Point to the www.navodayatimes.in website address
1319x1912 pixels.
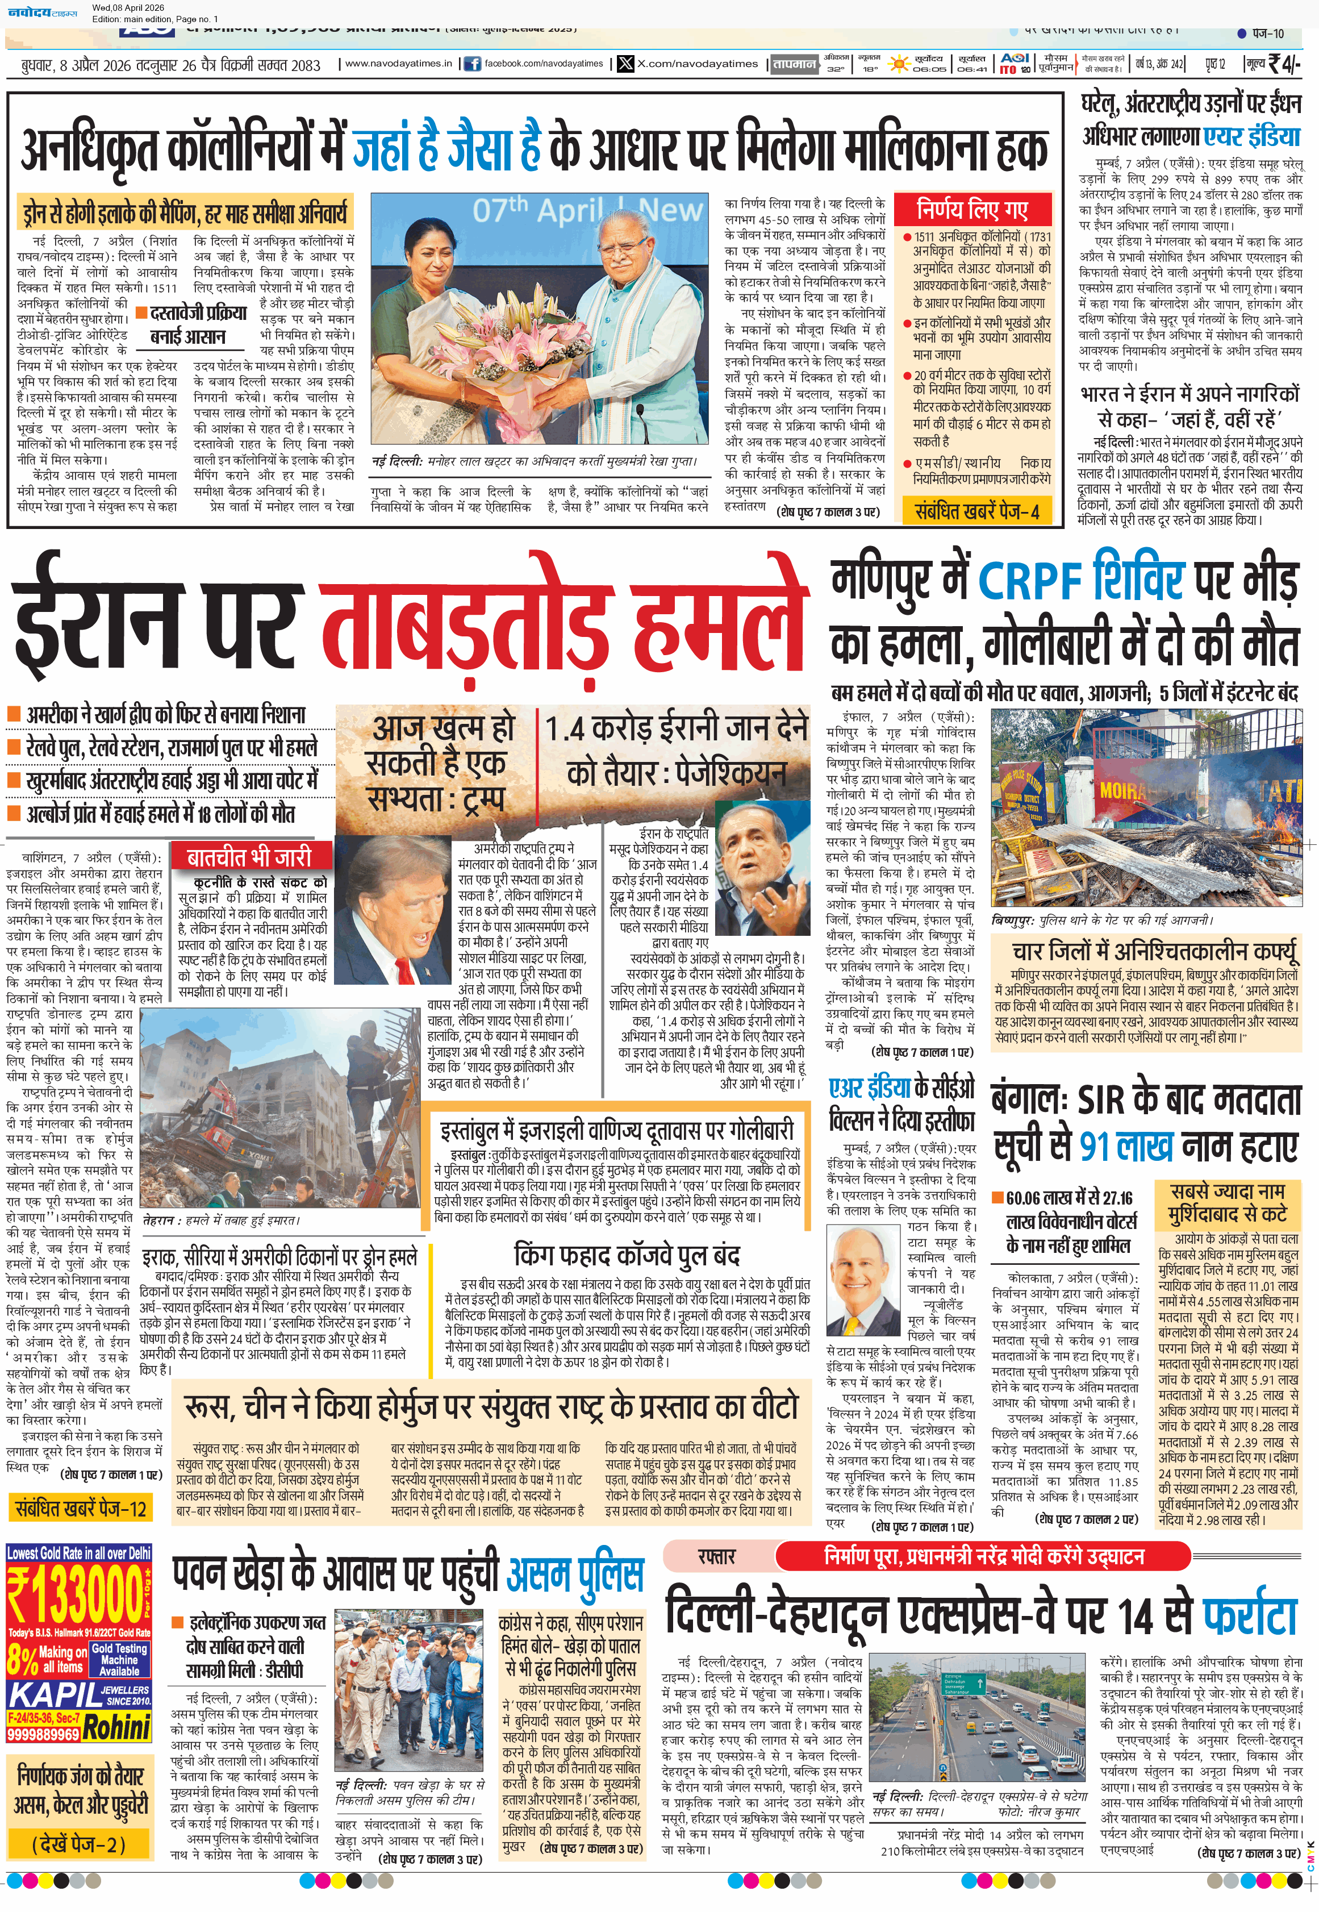coord(398,63)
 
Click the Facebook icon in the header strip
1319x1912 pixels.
coord(472,64)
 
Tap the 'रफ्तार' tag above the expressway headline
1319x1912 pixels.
coord(716,1556)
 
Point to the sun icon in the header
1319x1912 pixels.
coord(898,64)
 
